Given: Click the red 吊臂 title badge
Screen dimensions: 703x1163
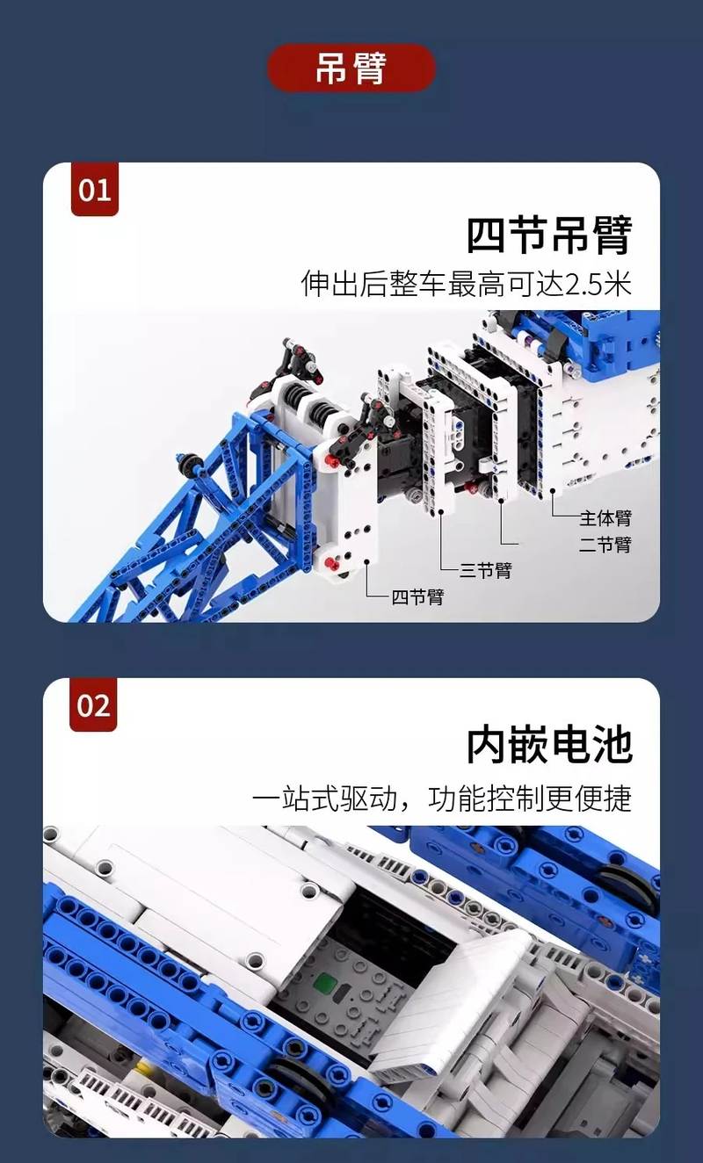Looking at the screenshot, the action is [351, 68].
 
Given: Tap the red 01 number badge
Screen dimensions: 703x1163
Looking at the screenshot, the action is [95, 189].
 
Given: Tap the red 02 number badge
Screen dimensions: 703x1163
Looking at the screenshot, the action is [93, 704].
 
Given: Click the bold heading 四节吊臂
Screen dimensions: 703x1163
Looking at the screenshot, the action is [548, 235].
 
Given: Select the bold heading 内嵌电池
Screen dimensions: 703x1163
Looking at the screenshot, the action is [548, 745].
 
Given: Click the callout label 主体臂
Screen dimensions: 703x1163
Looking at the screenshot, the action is [605, 517].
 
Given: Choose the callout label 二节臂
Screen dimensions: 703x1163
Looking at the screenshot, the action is [605, 545].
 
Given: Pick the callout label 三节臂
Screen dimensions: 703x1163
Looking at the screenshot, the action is [486, 571].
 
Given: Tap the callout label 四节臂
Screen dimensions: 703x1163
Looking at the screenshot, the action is [417, 597].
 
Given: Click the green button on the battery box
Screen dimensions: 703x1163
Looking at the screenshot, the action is [325, 983].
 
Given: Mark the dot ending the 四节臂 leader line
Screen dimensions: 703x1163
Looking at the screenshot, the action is [366, 561].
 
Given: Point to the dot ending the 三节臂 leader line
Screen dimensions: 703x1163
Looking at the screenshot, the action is [440, 512].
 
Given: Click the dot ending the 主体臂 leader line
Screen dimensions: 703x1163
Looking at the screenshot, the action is [553, 490].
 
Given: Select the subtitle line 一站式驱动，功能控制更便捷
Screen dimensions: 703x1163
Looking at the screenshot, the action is [442, 798].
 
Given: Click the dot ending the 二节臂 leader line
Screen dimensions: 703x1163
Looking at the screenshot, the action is [502, 501].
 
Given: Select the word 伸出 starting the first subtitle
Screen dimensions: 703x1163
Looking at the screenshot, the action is [330, 284].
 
